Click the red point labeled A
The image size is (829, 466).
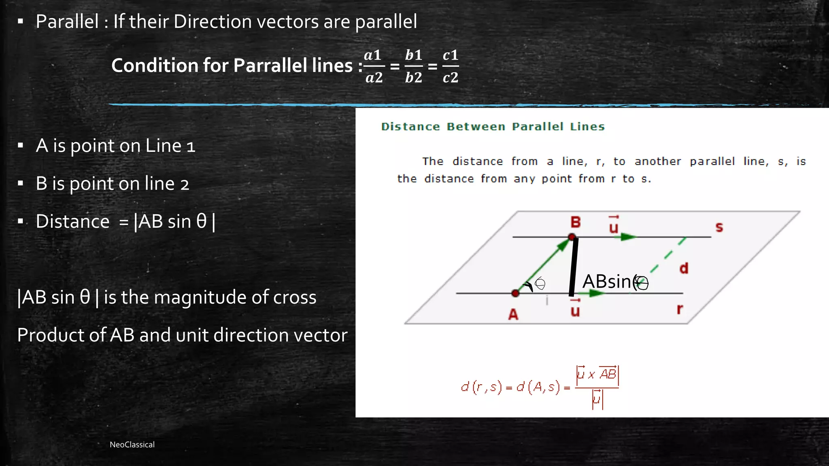click(x=515, y=293)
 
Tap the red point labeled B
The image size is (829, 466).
click(x=572, y=237)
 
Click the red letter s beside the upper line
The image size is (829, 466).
click(x=719, y=227)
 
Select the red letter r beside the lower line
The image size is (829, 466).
click(x=680, y=309)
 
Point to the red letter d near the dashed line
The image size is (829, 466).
click(x=684, y=268)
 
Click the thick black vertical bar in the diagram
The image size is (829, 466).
click(x=573, y=267)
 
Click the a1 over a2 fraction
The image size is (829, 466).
click(x=374, y=66)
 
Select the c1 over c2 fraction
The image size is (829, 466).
click(x=450, y=66)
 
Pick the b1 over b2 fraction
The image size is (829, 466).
click(x=413, y=66)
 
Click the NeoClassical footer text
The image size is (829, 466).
click(x=132, y=445)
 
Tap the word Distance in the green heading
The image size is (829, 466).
click(x=410, y=127)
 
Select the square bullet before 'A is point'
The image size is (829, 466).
click(x=21, y=146)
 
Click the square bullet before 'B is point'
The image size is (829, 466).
click(x=21, y=184)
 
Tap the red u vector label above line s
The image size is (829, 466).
click(x=614, y=226)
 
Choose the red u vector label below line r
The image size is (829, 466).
click(x=575, y=309)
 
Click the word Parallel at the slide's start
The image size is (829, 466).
click(x=67, y=21)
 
